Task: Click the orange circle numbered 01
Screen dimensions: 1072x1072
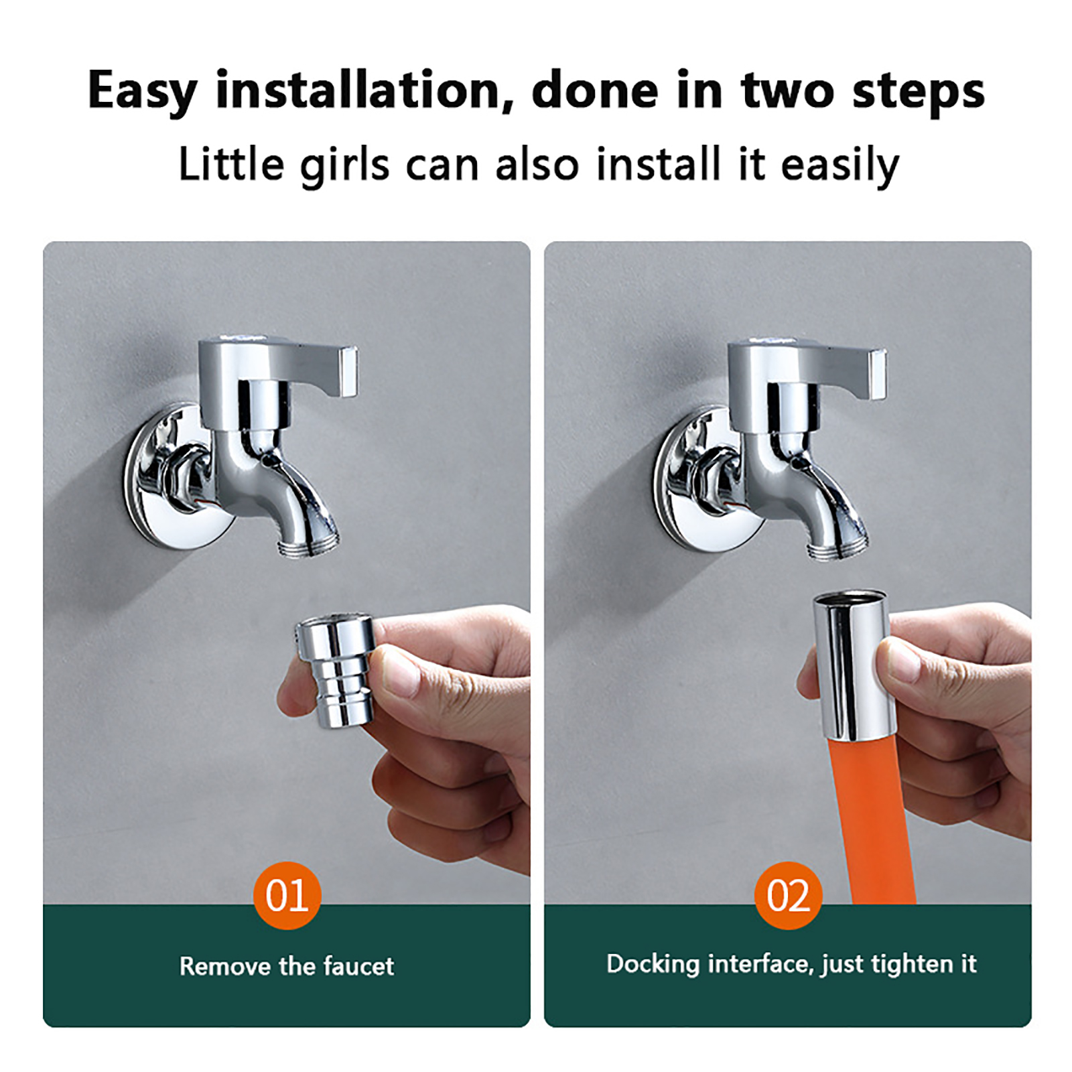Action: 287,895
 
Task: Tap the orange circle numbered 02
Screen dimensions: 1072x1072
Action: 788,895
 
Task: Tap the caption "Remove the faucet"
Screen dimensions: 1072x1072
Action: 287,966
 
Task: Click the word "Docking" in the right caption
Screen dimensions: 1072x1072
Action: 653,965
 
